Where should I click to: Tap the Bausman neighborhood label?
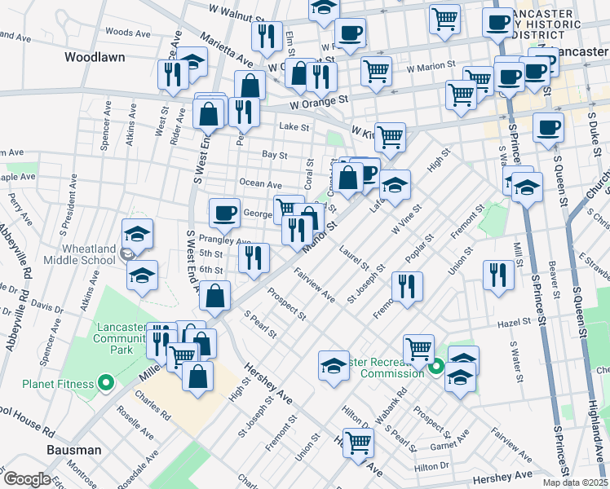coord(73,450)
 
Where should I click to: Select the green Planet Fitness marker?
coord(105,382)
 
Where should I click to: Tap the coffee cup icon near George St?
coord(224,213)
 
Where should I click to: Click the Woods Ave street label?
coord(128,33)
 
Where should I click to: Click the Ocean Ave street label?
coord(260,184)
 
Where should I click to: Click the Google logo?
coord(27,479)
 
